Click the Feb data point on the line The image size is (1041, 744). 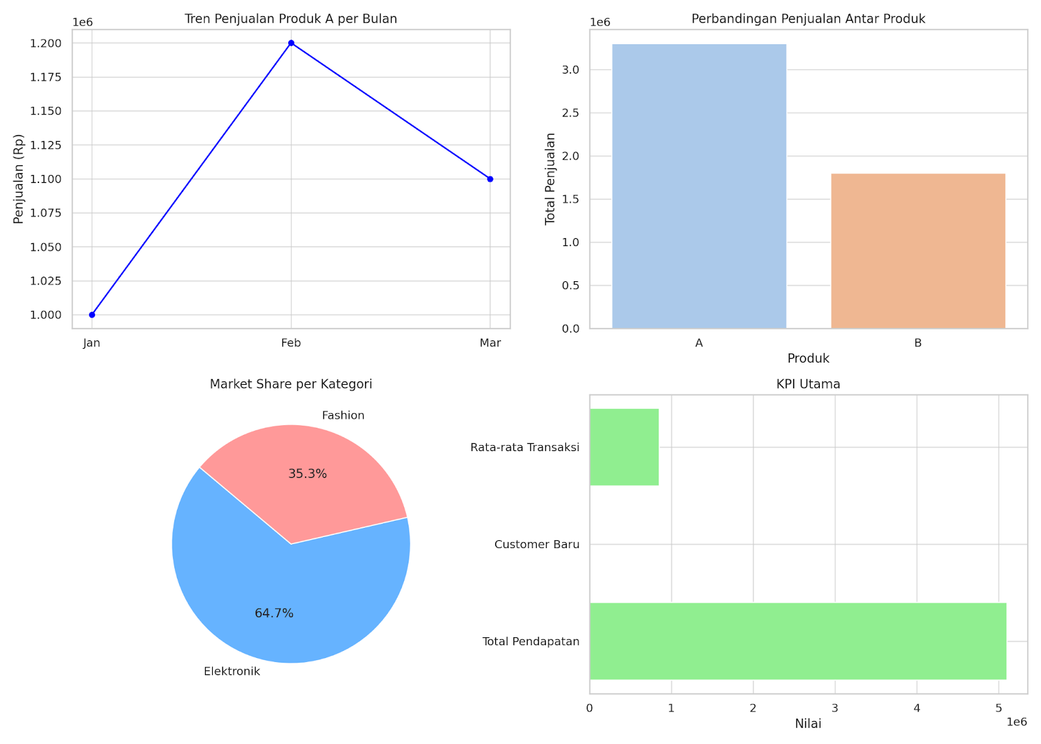[291, 43]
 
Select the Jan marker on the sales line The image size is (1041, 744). [92, 315]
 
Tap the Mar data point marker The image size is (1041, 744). [490, 179]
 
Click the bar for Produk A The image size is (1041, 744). [699, 186]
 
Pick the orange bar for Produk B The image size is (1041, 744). [917, 251]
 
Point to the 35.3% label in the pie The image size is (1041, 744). [308, 474]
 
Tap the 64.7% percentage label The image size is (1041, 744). [274, 613]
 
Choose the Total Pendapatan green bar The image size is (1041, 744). [798, 641]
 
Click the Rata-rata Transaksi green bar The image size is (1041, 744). [624, 447]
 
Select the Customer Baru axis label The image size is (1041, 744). [537, 544]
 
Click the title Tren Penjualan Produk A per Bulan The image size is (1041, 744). [291, 19]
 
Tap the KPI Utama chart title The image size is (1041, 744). [808, 384]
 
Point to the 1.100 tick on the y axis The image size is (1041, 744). [46, 179]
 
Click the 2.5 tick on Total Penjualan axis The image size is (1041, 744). [571, 113]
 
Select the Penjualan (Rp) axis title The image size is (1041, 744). [18, 179]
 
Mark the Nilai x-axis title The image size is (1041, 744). [808, 724]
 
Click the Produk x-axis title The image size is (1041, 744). [808, 358]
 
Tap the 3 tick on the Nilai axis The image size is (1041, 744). [835, 708]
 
